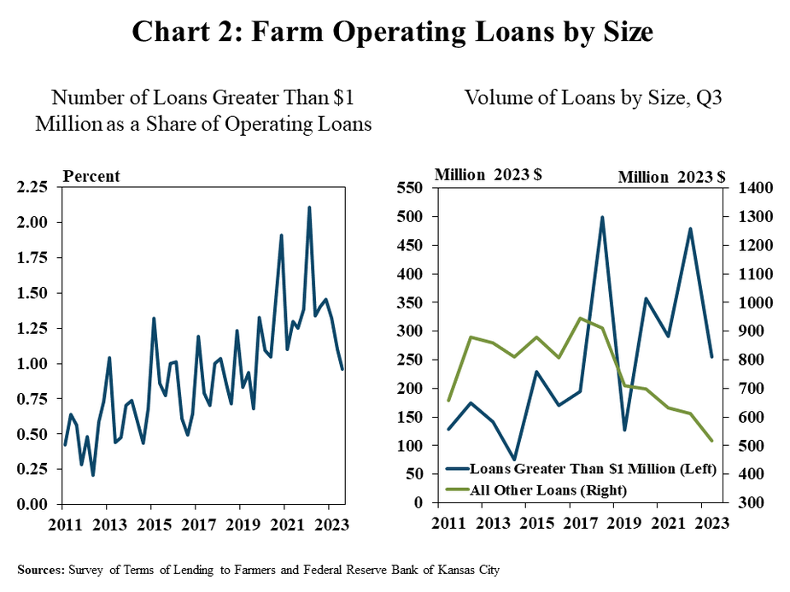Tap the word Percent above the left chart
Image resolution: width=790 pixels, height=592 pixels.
click(x=92, y=177)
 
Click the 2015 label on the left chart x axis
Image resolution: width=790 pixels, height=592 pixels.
click(x=151, y=525)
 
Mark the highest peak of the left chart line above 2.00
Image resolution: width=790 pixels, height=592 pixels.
click(x=308, y=207)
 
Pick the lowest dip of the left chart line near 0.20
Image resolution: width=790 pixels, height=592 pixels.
click(x=92, y=476)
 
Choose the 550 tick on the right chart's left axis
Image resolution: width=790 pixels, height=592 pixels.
click(x=413, y=188)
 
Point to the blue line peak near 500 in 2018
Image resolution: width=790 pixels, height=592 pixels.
click(x=602, y=217)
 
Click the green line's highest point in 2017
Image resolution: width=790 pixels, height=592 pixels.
click(x=580, y=318)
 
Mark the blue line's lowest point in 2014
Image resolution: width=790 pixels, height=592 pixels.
click(x=514, y=460)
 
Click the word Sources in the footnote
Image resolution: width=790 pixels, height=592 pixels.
click(x=40, y=567)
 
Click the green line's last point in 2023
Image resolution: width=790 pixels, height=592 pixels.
click(x=711, y=441)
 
